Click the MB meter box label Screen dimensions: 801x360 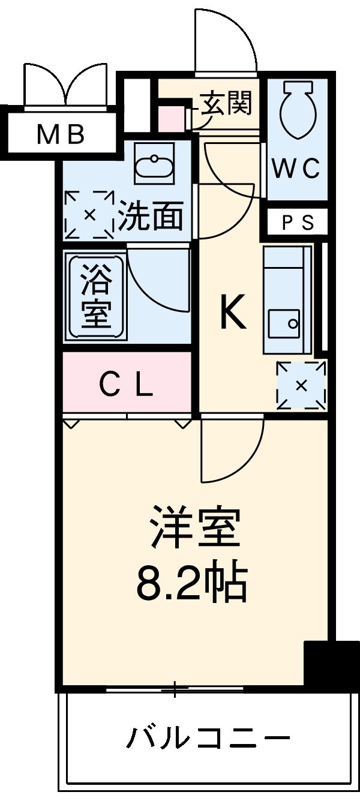[60, 135]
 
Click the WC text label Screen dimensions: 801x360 [296, 170]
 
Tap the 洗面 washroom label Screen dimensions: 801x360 [151, 216]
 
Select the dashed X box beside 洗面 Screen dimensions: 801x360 [89, 214]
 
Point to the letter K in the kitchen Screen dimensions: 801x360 [233, 314]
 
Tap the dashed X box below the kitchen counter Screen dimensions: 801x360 [301, 385]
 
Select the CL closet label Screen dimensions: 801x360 [125, 386]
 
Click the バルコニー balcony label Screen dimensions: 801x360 [208, 737]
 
